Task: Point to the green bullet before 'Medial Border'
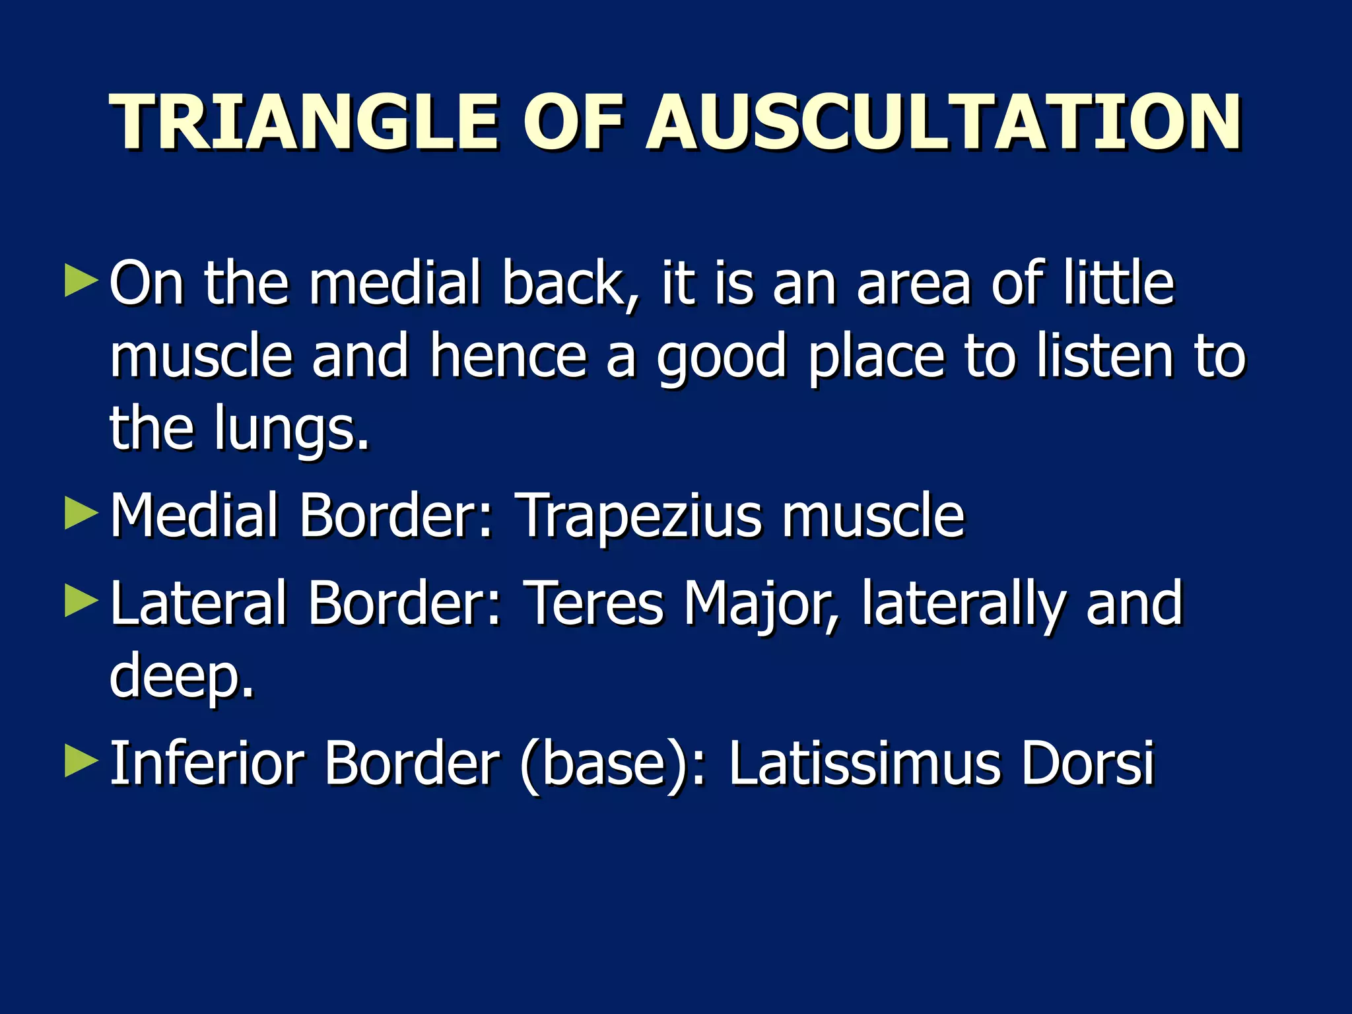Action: click(x=81, y=514)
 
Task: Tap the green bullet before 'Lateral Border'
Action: click(x=81, y=601)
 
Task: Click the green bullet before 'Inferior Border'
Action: click(x=81, y=762)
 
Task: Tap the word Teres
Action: click(x=593, y=603)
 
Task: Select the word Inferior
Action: click(x=207, y=764)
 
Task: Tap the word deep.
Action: click(x=181, y=677)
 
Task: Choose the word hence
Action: click(x=508, y=356)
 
